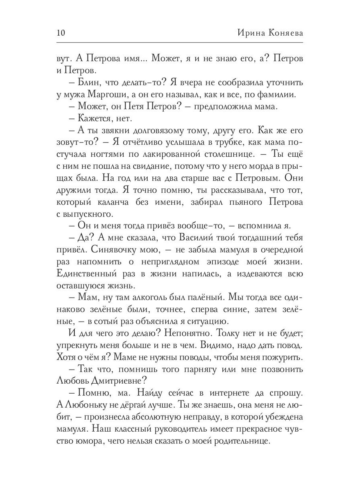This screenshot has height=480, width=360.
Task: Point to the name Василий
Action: pyautogui.click(x=188, y=238)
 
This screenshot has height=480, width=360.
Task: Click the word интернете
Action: pyautogui.click(x=221, y=392)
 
